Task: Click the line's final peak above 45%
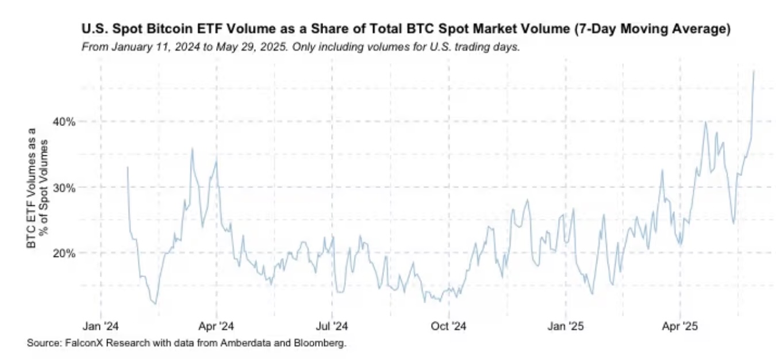click(754, 71)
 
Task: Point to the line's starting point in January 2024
click(127, 167)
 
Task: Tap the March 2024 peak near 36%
click(192, 148)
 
